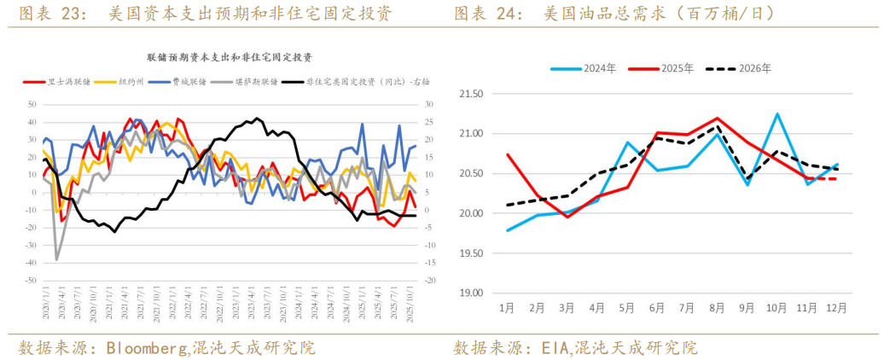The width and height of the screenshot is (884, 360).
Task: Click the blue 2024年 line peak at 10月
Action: (x=776, y=113)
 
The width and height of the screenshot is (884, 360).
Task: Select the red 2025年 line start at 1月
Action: (x=508, y=154)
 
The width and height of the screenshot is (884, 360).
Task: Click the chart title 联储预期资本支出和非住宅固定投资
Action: (x=230, y=57)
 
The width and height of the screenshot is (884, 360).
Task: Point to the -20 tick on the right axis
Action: (x=431, y=281)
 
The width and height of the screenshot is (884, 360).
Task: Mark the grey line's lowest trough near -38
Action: (x=57, y=259)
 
